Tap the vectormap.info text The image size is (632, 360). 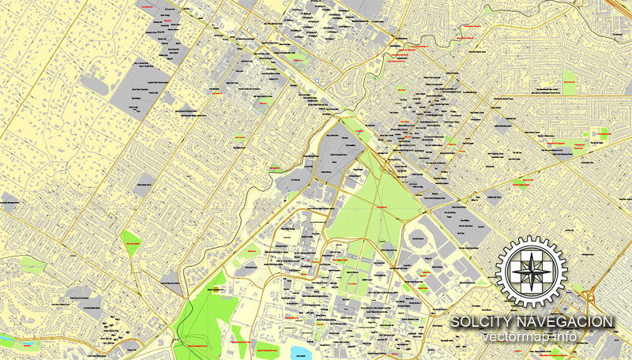532,337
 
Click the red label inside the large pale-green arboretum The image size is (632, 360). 380,207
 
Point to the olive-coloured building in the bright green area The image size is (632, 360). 214,290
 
